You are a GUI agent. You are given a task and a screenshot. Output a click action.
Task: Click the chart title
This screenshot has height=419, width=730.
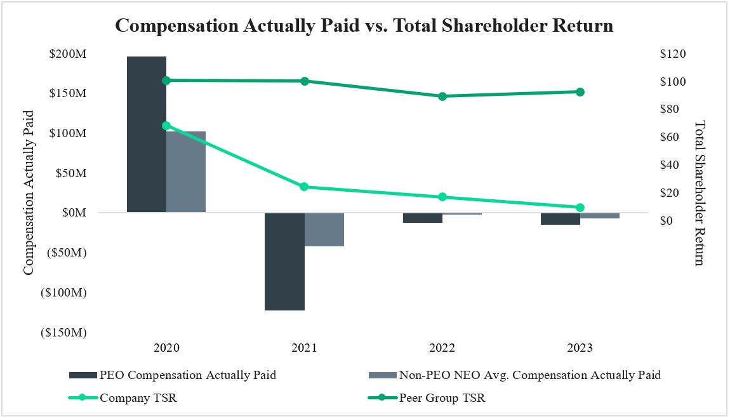click(364, 26)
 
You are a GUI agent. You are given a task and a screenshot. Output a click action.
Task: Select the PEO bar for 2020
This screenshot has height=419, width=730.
click(147, 135)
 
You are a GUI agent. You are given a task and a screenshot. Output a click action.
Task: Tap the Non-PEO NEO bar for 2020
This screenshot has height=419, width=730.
click(186, 172)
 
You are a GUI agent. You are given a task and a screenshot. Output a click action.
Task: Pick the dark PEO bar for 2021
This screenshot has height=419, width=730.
click(284, 262)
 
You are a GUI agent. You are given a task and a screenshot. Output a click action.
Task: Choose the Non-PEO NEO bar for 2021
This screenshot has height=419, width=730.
click(324, 229)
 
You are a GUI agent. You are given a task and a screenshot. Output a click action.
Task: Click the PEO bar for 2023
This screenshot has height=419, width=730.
click(560, 219)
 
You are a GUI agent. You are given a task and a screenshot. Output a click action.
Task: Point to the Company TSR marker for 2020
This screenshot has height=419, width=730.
click(166, 126)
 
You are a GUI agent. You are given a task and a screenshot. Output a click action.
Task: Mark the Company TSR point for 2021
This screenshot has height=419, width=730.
click(304, 187)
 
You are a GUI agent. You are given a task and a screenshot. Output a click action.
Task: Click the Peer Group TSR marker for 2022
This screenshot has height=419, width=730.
click(442, 96)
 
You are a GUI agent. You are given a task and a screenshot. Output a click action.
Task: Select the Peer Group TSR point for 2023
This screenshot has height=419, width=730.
click(580, 92)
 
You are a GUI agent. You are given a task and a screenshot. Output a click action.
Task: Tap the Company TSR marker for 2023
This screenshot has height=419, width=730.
click(580, 208)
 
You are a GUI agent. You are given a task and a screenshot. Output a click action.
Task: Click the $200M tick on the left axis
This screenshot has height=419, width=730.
click(68, 54)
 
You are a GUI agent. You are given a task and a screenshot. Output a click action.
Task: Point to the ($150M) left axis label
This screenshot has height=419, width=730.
click(63, 333)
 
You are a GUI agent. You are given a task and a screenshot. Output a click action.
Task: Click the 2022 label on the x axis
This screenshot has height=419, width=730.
click(442, 348)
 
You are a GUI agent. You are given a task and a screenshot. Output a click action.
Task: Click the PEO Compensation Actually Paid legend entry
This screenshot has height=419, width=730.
click(187, 375)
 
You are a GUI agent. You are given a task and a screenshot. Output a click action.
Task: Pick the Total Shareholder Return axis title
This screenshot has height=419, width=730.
click(700, 193)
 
